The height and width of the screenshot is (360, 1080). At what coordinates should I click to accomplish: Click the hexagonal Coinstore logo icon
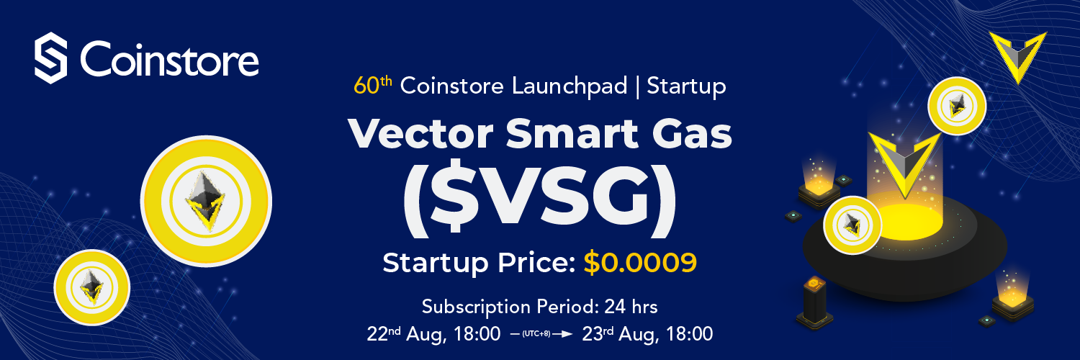point(50,58)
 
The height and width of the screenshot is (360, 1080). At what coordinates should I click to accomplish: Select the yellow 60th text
point(372,86)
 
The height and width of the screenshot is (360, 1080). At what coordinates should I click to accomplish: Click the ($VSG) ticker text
point(539,202)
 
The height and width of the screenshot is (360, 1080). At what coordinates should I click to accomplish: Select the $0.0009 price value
point(640,263)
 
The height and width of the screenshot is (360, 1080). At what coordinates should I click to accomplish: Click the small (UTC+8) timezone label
point(535,334)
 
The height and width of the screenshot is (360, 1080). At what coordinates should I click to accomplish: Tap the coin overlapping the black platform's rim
point(852,225)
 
